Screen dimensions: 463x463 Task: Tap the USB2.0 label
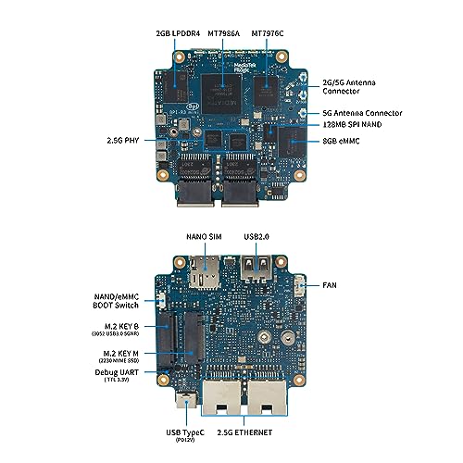tap(257, 237)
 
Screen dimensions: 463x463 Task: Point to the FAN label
tap(330, 286)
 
